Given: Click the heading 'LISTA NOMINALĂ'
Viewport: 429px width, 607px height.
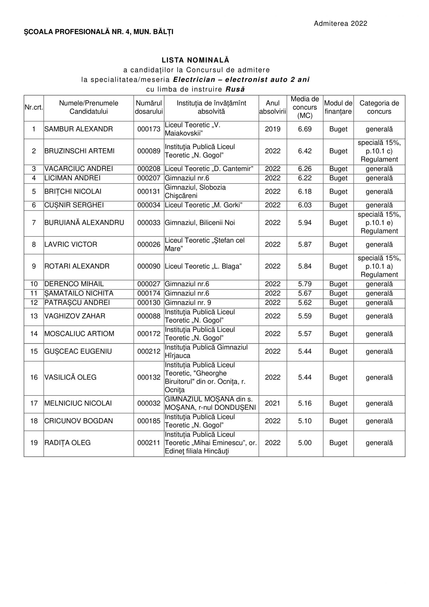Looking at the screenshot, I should (195, 60).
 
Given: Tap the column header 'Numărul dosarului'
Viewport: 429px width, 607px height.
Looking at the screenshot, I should (149, 107).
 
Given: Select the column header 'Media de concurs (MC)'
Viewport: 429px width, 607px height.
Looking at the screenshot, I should (305, 107).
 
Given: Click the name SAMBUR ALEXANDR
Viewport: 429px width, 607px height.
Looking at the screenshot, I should (78, 129).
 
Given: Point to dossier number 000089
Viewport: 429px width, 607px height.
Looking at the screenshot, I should (149, 151).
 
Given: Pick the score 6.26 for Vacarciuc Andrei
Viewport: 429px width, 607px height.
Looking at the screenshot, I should (305, 169).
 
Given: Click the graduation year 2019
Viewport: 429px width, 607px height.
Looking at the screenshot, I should (273, 129).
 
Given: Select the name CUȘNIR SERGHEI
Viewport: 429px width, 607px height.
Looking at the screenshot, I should (74, 205).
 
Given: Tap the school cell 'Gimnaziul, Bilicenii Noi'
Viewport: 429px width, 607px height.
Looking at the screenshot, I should (200, 223).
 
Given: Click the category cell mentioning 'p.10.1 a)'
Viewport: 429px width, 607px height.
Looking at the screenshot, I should (379, 266).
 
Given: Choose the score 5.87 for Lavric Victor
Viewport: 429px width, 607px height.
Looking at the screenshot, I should (305, 244).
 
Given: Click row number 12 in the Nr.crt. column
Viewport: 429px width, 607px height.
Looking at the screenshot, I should (34, 303).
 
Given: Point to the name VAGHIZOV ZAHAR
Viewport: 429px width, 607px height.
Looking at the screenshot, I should (75, 316).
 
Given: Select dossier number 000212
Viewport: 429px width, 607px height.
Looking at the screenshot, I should (149, 351).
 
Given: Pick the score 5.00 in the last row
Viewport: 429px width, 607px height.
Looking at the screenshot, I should (305, 443).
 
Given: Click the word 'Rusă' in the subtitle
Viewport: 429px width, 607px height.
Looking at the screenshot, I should (235, 89).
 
